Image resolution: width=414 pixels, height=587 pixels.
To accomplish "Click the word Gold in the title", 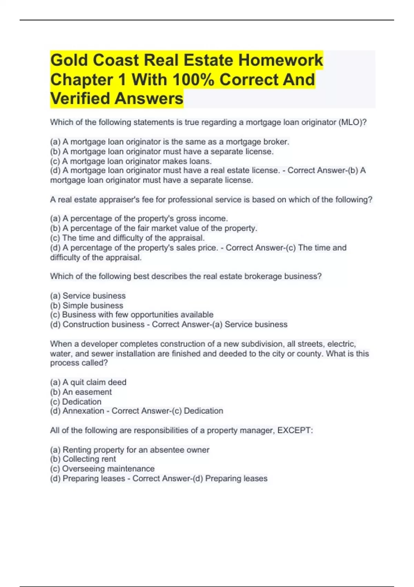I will (x=69, y=60).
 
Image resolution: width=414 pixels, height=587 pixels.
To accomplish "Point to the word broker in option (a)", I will (x=276, y=142).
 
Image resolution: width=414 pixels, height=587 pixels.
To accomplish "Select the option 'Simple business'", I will (x=87, y=306).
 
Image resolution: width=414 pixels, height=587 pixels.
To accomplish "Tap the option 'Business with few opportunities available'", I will (x=132, y=315).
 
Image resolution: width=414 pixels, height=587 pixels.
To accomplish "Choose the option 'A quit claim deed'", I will (x=88, y=382).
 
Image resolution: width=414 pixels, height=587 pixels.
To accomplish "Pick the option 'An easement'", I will (x=81, y=392).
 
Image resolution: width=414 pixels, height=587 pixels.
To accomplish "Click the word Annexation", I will (x=83, y=411).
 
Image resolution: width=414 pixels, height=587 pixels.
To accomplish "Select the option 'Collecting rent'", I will (x=83, y=459).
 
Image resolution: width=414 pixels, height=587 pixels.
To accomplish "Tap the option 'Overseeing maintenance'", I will (x=102, y=469).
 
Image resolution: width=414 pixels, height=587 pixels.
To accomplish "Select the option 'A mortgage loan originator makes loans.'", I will (x=131, y=161).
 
